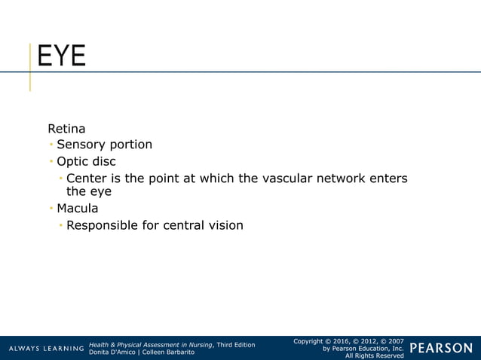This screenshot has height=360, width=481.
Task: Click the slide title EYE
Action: click(x=62, y=56)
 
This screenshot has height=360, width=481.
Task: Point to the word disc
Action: click(x=104, y=161)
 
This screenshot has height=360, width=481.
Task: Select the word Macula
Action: click(x=78, y=208)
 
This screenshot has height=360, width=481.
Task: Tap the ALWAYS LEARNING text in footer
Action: click(x=47, y=349)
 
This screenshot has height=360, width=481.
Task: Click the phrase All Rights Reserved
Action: click(x=374, y=356)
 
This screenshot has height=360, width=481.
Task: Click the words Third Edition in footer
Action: click(x=236, y=345)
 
